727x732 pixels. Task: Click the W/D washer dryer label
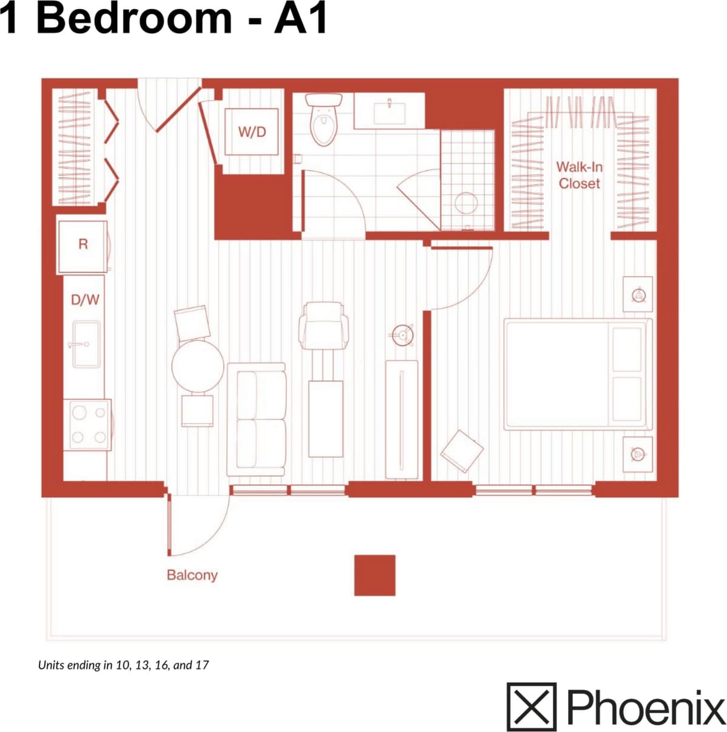(x=252, y=132)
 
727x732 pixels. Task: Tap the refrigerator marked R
(x=83, y=245)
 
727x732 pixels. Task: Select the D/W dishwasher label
(x=85, y=299)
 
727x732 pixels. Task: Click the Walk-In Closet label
(x=579, y=175)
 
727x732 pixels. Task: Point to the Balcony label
(x=192, y=575)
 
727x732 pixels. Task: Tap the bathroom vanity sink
(x=389, y=112)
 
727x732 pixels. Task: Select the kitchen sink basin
(x=86, y=344)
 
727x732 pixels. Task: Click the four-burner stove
(x=88, y=425)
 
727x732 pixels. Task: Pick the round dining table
(x=197, y=366)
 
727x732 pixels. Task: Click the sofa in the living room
(x=256, y=418)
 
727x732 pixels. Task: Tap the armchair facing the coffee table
(x=325, y=325)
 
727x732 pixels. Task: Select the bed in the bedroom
(x=577, y=374)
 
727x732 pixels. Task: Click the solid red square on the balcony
(x=374, y=575)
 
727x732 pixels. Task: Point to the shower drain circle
(x=465, y=203)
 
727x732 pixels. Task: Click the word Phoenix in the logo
(x=646, y=707)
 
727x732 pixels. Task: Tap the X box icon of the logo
(x=531, y=707)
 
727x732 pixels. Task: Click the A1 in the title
(x=300, y=18)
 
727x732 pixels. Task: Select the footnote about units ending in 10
(x=123, y=665)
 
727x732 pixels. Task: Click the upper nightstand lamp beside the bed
(x=638, y=295)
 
